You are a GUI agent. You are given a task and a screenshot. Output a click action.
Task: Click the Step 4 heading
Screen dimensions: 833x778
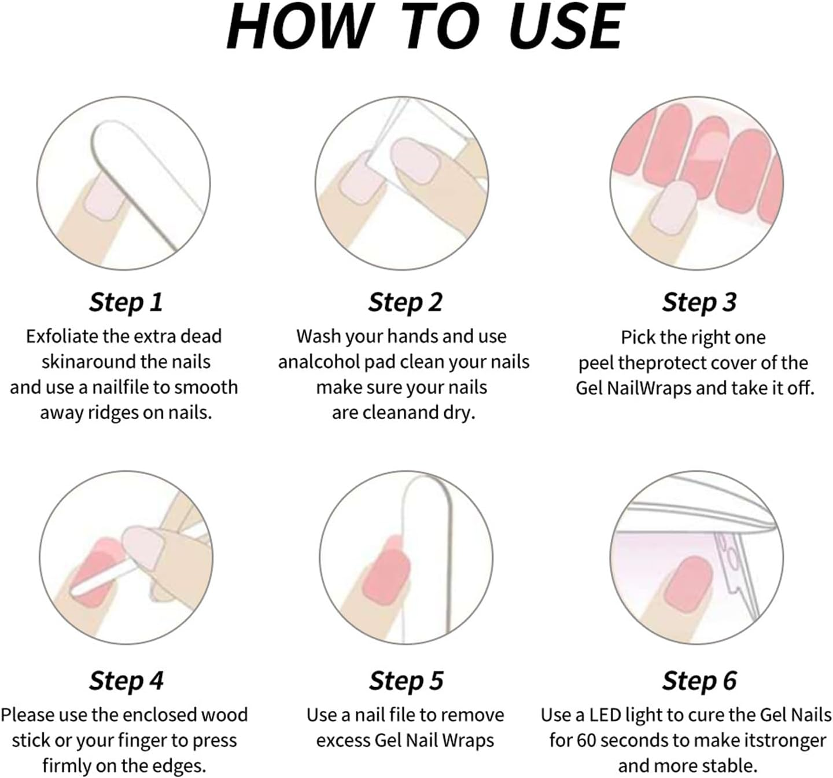point(126,681)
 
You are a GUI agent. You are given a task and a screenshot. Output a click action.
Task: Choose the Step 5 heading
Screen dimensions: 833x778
point(406,681)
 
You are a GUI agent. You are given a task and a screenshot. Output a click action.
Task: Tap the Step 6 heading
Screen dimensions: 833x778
point(699,681)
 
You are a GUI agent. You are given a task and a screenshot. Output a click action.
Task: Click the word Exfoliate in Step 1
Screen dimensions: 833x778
point(62,336)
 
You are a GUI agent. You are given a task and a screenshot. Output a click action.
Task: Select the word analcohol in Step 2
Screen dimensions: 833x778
point(319,362)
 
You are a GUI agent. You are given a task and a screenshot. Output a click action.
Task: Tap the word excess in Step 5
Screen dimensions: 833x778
point(343,741)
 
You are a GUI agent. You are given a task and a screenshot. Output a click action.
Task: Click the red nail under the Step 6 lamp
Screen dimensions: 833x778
point(688,584)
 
